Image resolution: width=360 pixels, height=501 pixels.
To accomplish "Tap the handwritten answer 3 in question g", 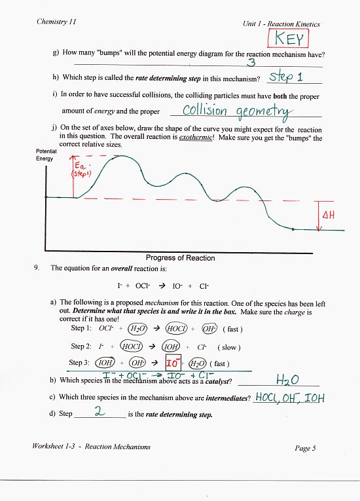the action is (251, 63).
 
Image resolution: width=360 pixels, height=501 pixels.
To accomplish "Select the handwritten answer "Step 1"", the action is (286, 77).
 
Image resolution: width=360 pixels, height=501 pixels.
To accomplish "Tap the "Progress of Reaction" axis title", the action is (180, 258).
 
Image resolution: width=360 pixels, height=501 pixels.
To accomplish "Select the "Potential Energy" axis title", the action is (45, 155).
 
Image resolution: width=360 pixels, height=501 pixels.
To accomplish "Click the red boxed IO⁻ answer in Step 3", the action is (173, 362).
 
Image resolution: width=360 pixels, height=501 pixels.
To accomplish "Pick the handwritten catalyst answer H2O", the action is (289, 380).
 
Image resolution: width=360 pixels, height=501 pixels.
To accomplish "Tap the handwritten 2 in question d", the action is (100, 411).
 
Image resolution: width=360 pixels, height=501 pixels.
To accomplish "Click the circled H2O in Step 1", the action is (136, 329).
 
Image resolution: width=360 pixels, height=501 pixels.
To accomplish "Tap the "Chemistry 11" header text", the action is (57, 22).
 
